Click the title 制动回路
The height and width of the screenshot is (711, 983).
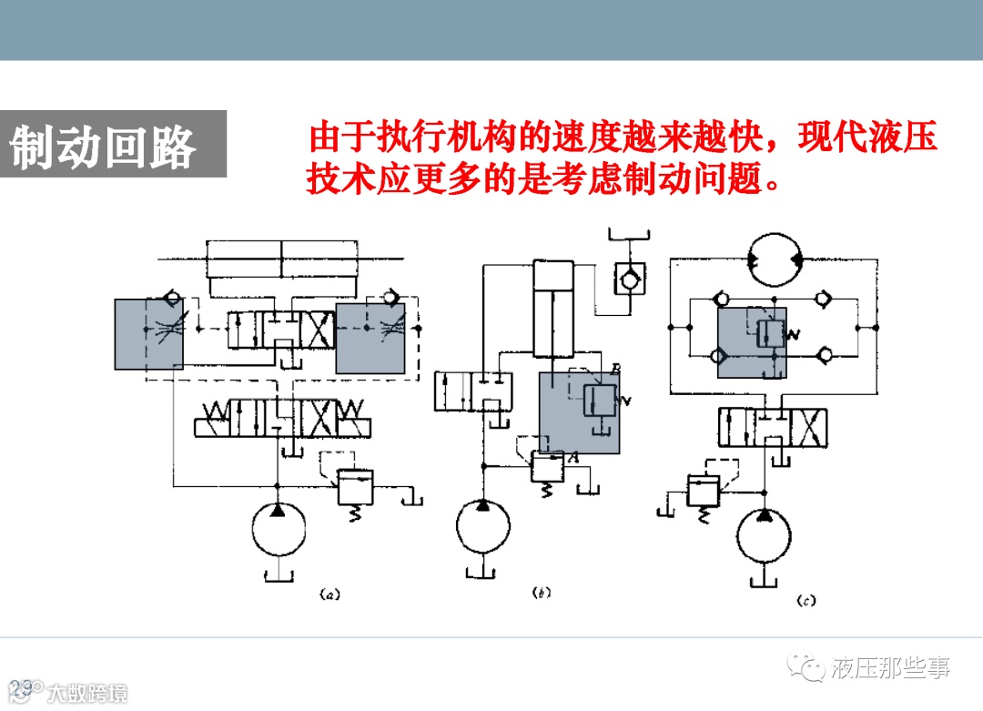103,146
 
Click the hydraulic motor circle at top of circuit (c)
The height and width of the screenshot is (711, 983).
775,261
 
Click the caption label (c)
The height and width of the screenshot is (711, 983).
806,600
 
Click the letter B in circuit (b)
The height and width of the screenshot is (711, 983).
615,368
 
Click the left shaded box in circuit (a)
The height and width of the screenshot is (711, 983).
148,333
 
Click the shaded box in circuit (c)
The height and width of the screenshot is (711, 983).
752,341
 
